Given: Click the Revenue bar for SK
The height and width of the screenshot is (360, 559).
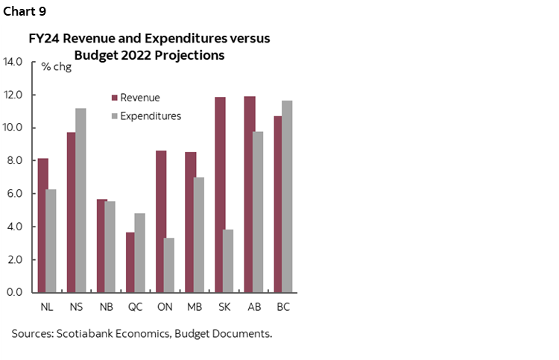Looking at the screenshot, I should point(219,195).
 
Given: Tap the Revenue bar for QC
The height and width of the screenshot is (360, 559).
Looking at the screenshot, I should point(130,262).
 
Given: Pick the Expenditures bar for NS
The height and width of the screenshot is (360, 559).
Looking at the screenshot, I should point(80,200).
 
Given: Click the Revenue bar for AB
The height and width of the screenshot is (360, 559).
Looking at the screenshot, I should point(249,194).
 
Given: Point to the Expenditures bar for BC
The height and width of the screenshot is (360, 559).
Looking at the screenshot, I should point(288,196).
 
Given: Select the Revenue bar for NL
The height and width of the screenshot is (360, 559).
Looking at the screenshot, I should point(42,225).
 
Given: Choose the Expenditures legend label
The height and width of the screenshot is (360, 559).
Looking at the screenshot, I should point(151,116).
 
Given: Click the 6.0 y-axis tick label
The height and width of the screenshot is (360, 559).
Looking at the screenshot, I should point(16,194).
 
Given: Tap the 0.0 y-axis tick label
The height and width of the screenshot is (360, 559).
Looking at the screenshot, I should point(16,292).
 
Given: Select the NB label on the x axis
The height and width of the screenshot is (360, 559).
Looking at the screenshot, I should point(106,306).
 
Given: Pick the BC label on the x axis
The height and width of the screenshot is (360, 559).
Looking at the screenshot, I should point(283,306).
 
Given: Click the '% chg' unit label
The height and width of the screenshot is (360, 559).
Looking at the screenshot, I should point(56,67).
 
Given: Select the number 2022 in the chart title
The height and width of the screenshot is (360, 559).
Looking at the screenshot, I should point(127,54).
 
